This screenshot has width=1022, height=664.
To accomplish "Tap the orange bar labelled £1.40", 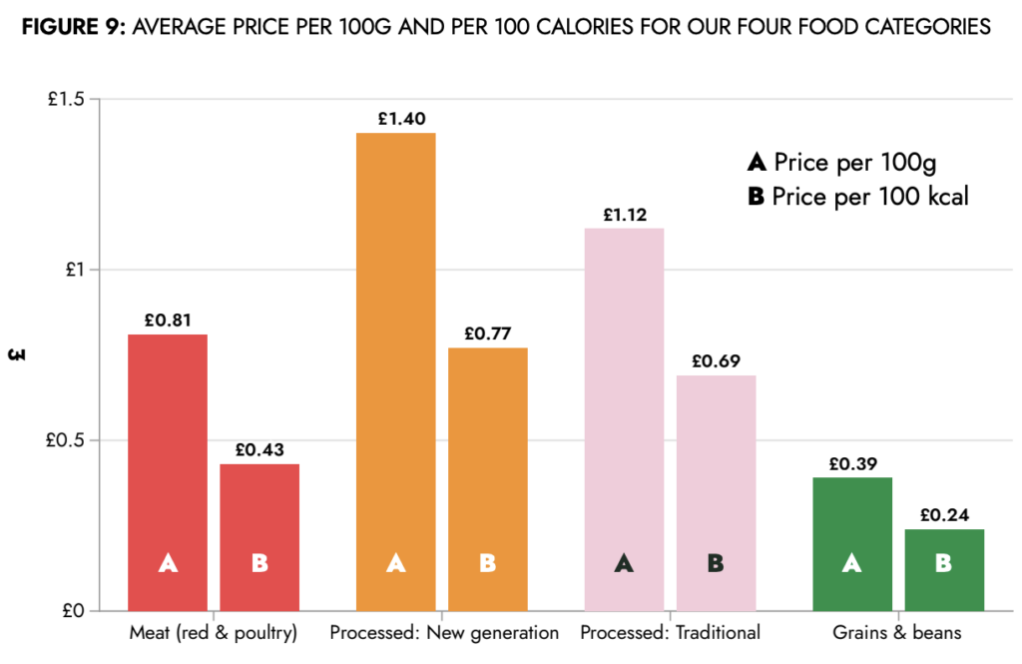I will coord(395,370).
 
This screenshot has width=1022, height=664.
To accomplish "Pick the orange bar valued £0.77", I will coord(487,478).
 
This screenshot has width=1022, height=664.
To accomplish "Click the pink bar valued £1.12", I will coord(624,418).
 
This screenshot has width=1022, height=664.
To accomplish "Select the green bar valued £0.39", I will coord(851,543).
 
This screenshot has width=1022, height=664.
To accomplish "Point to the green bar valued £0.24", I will coord(943,569).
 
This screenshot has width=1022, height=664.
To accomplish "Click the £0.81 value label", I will coord(168,322).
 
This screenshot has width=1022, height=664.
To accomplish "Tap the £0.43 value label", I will coord(259,450).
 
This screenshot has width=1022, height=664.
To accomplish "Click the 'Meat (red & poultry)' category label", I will coord(214,633).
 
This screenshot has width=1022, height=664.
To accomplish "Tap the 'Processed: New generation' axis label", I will coord(444,633).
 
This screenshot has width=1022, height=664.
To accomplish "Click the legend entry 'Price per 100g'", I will coord(842,162).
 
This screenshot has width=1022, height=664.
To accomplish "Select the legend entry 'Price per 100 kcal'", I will coord(857,197).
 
